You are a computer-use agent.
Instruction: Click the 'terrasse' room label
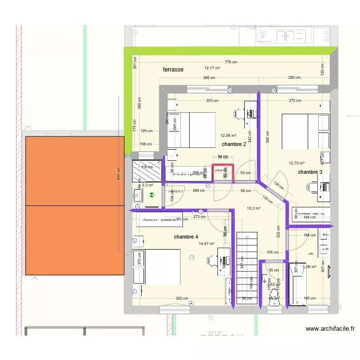click(173, 70)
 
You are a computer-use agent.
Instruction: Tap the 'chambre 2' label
click(234, 144)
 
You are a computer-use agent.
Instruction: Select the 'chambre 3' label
click(310, 172)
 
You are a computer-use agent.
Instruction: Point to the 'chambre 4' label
click(186, 237)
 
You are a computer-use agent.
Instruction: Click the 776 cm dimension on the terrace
click(231, 62)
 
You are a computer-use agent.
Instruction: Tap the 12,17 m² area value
click(212, 68)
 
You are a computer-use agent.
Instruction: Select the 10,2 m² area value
click(253, 208)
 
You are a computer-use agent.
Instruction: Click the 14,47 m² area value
click(206, 244)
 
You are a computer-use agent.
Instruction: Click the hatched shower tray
click(147, 170)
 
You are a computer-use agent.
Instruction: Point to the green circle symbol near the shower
click(152, 195)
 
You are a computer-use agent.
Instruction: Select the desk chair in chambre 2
click(238, 114)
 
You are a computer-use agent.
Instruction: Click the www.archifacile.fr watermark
click(330, 329)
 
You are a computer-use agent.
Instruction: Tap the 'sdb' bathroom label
click(311, 253)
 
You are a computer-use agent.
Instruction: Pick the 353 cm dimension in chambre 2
click(213, 101)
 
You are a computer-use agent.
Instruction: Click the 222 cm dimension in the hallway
click(278, 232)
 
